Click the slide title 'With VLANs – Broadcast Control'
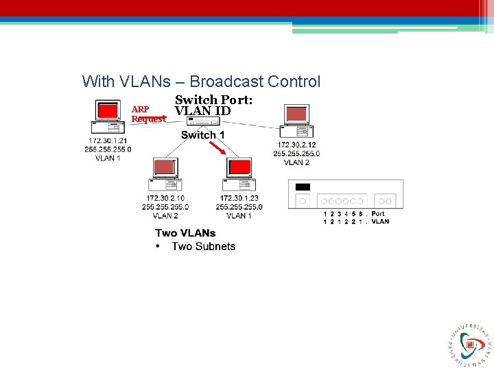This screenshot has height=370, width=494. tap(201, 82)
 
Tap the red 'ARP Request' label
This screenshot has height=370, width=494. tap(148, 114)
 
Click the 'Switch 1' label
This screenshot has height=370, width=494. tap(203, 135)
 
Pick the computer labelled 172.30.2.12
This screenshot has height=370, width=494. tap(296, 121)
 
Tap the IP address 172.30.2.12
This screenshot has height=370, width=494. tap(296, 145)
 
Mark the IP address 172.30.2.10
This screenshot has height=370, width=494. tap(165, 199)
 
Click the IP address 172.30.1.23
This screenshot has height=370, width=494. tap(239, 199)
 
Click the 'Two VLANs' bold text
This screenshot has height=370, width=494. tap(185, 234)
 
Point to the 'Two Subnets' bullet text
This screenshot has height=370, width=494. tap(203, 247)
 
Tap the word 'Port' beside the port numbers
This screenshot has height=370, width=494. tap(378, 214)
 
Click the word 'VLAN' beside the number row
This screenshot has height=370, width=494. tap(380, 221)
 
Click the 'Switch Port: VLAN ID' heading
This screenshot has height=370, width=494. tap(213, 105)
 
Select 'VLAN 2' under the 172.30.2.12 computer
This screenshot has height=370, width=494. tap(296, 162)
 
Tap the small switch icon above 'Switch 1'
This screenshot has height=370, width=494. tap(203, 121)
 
